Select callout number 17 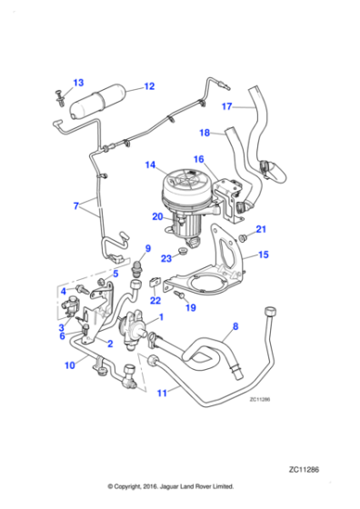[227, 105]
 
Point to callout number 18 [205, 133]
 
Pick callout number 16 [198, 159]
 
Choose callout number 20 [157, 216]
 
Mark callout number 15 [263, 255]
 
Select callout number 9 [147, 249]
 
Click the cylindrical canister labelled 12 [99, 99]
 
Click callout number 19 [192, 308]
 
